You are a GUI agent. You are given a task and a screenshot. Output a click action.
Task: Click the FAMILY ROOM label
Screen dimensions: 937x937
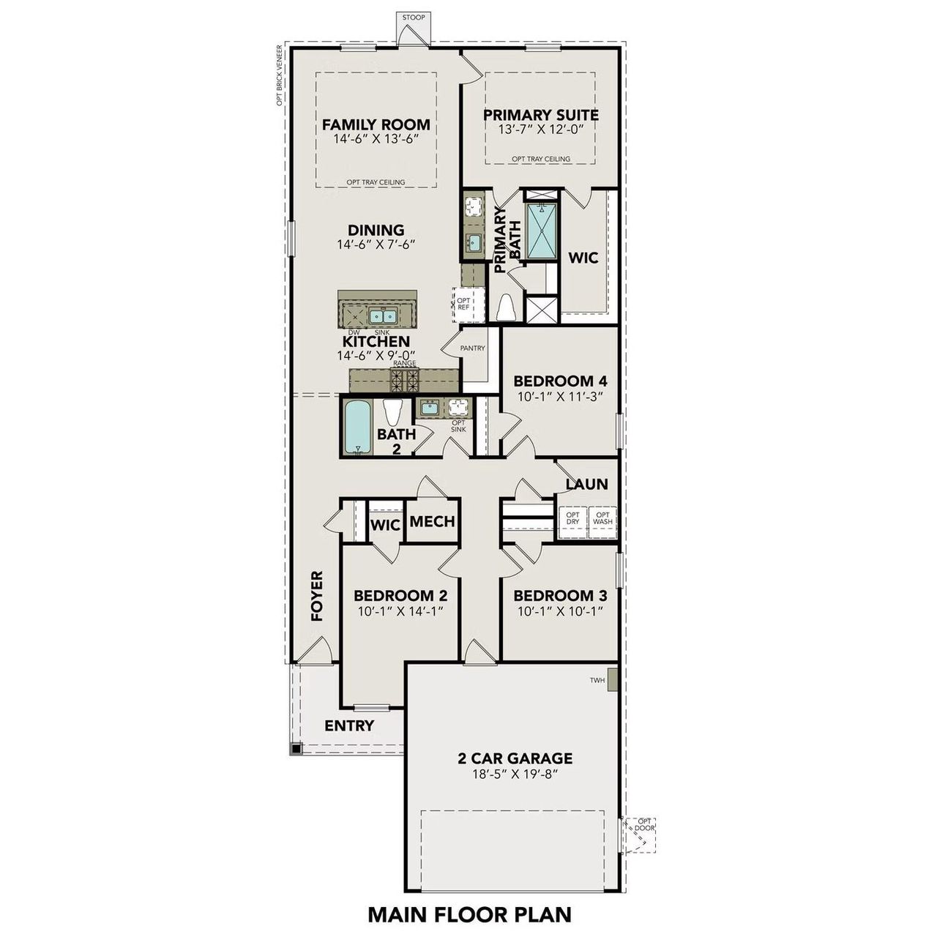[376, 124]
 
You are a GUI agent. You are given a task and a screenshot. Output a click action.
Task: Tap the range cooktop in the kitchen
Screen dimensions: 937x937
[405, 379]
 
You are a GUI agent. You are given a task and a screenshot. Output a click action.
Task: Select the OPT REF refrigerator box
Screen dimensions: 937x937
[464, 304]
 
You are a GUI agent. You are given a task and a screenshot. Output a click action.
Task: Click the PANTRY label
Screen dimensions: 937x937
[472, 348]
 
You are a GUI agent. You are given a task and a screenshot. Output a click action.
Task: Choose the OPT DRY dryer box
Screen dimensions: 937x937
[572, 519]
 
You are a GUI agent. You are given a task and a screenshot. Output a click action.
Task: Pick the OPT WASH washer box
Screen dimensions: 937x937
[602, 519]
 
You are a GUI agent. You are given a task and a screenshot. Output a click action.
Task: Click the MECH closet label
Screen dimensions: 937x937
[432, 522]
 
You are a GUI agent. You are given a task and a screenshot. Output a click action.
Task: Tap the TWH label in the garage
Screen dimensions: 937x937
[597, 681]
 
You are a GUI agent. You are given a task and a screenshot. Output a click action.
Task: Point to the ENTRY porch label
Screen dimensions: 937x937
[349, 725]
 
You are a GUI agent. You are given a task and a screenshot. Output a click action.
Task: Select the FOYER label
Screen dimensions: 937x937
[317, 596]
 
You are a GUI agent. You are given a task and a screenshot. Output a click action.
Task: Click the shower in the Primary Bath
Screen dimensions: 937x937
[542, 231]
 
